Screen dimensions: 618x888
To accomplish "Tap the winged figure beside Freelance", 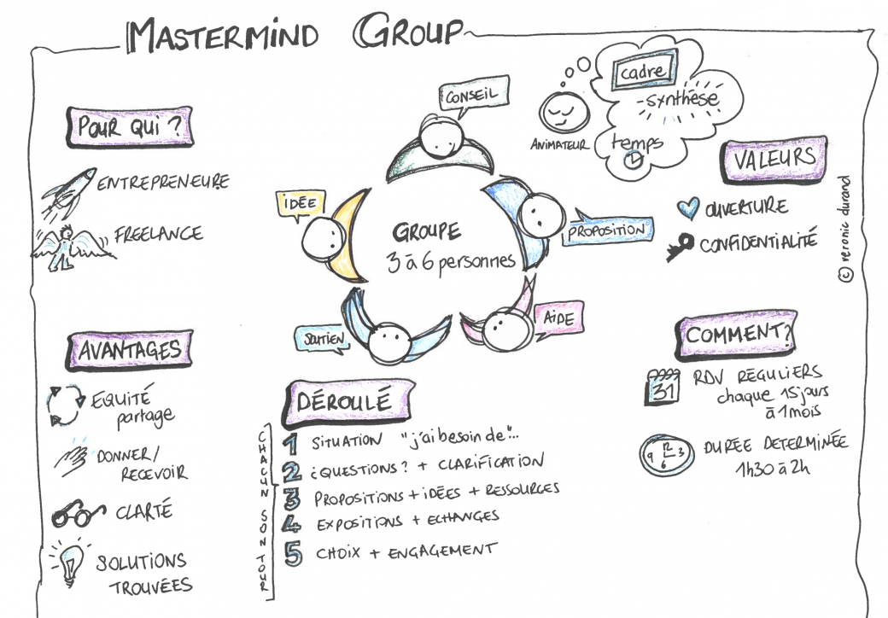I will [x=65, y=247].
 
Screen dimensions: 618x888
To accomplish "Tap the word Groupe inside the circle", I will [x=426, y=231].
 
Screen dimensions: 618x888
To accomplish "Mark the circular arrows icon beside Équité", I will [x=62, y=405].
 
